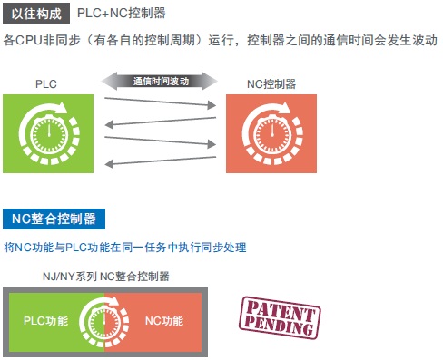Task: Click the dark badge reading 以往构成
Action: point(36,15)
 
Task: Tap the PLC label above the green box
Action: point(47,83)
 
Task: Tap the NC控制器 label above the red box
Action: point(271,83)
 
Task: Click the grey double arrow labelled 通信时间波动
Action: point(160,81)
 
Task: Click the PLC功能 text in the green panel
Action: point(45,321)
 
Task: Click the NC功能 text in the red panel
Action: point(164,321)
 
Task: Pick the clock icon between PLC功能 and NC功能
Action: point(104,321)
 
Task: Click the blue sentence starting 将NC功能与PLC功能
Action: point(125,247)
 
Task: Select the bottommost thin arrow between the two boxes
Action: point(159,161)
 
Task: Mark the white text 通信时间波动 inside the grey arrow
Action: point(160,81)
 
